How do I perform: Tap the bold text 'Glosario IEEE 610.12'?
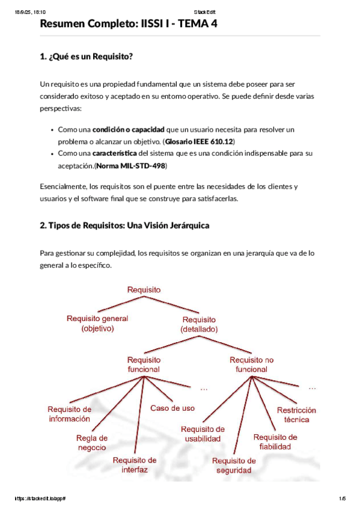[x=199, y=141]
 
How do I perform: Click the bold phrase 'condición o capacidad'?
[x=128, y=129]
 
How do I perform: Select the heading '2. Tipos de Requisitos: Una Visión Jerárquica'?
[x=124, y=226]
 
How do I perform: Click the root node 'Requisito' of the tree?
[x=144, y=290]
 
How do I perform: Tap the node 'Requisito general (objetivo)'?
[x=97, y=324]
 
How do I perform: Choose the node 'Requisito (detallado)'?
[x=199, y=325]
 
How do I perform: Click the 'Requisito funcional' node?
[x=144, y=364]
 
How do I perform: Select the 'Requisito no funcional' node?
[x=251, y=364]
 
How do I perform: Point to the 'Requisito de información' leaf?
[x=70, y=414]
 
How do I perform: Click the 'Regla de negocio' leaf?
[x=92, y=443]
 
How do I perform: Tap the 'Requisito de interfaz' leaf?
[x=135, y=465]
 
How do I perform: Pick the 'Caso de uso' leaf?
[x=172, y=408]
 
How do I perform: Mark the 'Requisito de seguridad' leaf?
[x=234, y=465]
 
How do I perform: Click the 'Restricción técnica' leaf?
[x=296, y=415]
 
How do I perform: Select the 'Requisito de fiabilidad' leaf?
[x=275, y=441]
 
